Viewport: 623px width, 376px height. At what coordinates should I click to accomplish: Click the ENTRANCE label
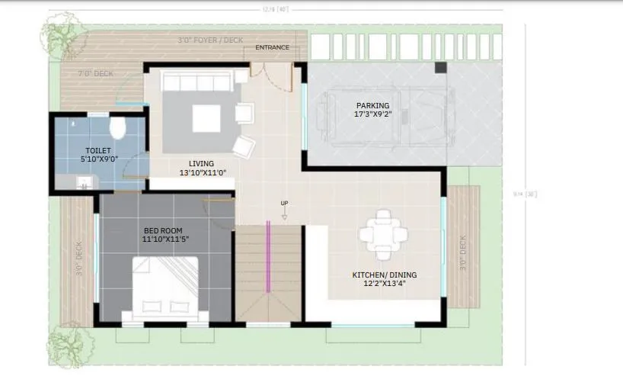click(x=272, y=47)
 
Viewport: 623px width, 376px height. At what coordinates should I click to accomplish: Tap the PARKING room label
click(x=372, y=105)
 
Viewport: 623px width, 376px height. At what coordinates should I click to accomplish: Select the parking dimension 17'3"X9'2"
click(x=372, y=114)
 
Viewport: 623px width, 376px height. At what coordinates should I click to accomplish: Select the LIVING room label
click(x=202, y=163)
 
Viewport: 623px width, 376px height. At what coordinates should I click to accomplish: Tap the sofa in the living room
click(x=198, y=82)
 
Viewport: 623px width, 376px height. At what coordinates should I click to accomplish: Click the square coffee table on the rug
click(x=206, y=118)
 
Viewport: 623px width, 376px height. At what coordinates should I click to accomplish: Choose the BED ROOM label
click(x=163, y=230)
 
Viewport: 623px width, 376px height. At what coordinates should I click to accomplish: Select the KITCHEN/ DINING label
click(x=384, y=275)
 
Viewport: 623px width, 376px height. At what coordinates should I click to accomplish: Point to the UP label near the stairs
click(x=285, y=203)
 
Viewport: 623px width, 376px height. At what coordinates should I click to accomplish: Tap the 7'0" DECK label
click(x=97, y=73)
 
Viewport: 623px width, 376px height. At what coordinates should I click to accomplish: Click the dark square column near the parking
click(x=441, y=68)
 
